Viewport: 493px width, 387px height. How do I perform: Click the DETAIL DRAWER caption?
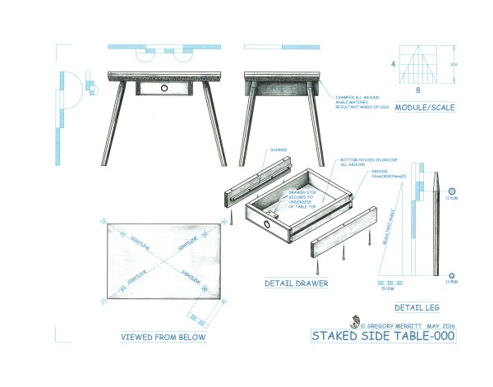click(296, 284)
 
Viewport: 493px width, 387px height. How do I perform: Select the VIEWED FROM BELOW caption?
click(163, 336)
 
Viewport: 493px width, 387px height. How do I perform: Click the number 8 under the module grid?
click(418, 91)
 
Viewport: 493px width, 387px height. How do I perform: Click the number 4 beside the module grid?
click(394, 63)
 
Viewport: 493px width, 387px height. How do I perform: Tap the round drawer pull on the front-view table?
click(164, 87)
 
